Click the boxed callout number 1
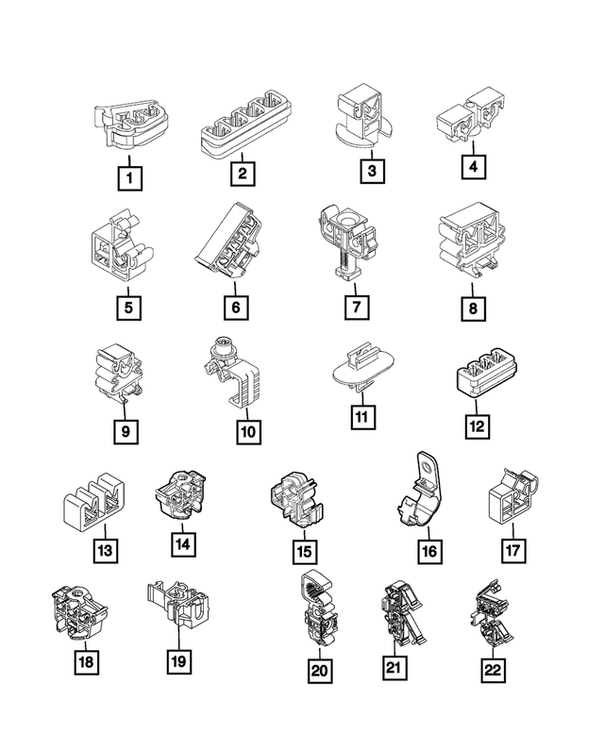tap(129, 178)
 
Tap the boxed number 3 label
tap(372, 171)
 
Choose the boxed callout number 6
tap(236, 308)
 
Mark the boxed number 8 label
tap(473, 308)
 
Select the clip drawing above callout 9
tap(119, 374)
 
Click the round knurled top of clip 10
tap(222, 349)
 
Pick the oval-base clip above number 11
tap(362, 366)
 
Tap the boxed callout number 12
tap(478, 426)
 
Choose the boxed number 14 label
tap(183, 544)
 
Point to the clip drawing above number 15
tap(297, 502)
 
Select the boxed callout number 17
tap(512, 550)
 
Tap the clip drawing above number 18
tap(78, 611)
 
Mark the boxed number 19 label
tap(179, 661)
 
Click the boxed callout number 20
tap(320, 671)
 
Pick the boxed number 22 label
tap(493, 671)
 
